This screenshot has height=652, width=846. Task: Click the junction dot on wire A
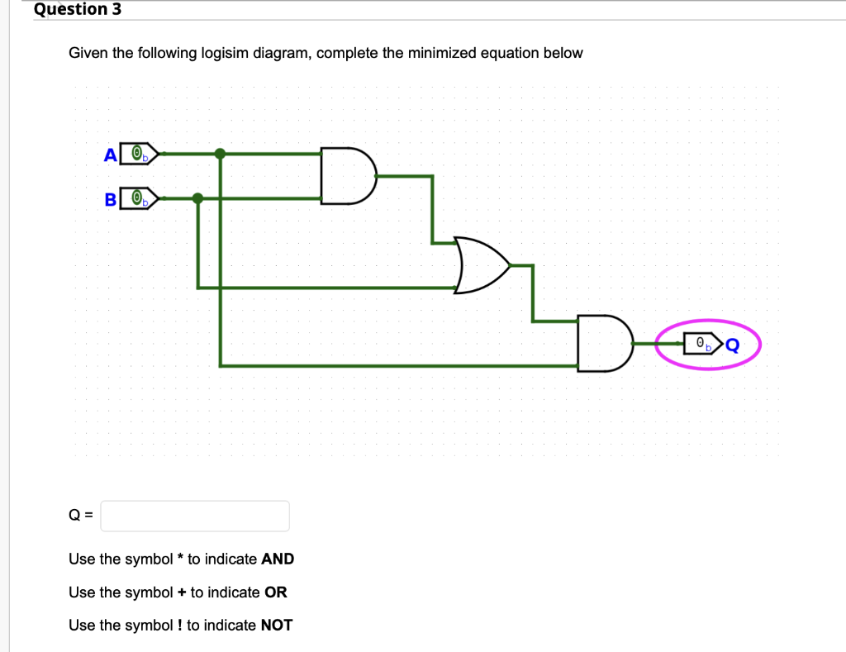click(x=220, y=153)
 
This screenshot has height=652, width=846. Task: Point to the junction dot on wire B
click(x=197, y=198)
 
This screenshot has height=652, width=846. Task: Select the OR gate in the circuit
click(x=482, y=265)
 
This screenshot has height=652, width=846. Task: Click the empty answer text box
click(x=195, y=516)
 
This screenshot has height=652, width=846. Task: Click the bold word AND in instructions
click(x=278, y=559)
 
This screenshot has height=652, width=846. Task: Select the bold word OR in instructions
click(x=275, y=593)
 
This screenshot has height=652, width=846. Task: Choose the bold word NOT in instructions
click(x=277, y=626)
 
